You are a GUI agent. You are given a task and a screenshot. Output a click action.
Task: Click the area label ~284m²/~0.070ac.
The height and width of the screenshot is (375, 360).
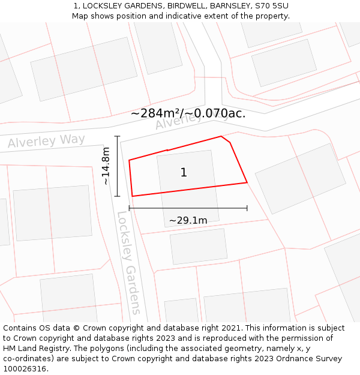tap(188, 113)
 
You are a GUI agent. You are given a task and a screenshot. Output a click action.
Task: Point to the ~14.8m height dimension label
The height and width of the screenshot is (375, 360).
tap(106, 166)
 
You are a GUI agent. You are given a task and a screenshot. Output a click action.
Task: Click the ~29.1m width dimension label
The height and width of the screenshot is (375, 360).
tap(188, 220)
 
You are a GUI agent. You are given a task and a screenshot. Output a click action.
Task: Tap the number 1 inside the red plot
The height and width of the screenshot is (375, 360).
tap(184, 173)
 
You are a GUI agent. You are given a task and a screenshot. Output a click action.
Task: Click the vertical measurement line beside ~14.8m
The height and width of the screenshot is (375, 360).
tap(118, 166)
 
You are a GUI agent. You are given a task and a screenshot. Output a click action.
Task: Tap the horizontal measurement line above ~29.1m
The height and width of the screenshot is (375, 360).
tap(188, 208)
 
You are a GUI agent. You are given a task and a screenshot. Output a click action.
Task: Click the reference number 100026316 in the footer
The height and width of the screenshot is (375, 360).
tap(25, 369)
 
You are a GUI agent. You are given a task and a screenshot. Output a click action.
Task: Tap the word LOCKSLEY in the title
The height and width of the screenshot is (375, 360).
tap(102, 5)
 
